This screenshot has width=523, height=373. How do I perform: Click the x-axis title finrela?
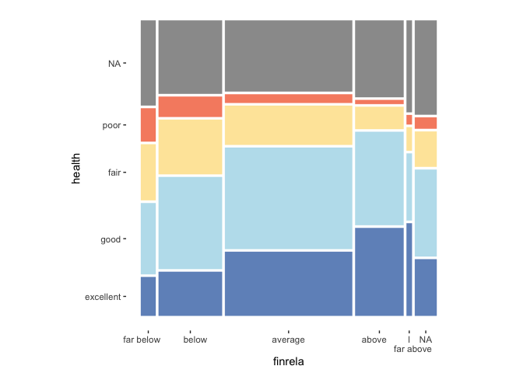point(288,362)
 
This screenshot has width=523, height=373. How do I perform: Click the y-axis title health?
point(75,167)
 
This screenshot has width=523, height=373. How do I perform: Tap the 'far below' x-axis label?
point(142,340)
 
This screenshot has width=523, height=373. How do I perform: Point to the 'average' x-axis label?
point(288,340)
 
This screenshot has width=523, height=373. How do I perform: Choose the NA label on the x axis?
point(425,340)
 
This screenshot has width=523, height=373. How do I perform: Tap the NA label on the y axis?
point(114,64)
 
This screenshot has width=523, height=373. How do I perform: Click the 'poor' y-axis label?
point(111,125)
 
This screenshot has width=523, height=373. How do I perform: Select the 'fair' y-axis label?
point(113,172)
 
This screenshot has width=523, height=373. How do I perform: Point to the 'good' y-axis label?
point(111,239)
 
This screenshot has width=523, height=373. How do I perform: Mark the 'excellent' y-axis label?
point(103,297)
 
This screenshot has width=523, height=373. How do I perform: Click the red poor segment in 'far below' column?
point(148,124)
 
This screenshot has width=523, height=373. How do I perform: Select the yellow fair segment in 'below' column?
point(190,147)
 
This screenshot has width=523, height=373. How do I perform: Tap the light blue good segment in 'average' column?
point(288,198)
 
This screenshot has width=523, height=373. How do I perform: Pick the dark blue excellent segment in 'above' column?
point(379,271)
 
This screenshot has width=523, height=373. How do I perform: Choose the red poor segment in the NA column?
point(425,123)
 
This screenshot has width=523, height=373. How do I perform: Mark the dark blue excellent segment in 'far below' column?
point(148,296)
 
